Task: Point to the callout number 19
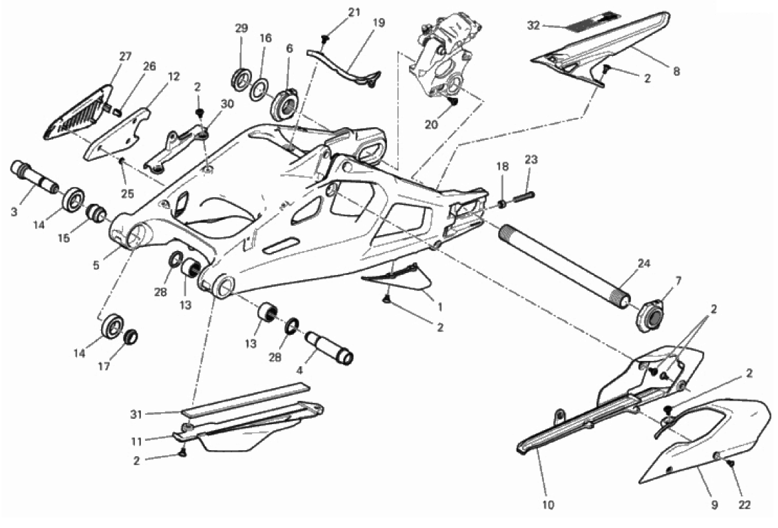pyautogui.click(x=378, y=22)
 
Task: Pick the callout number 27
pyautogui.click(x=125, y=57)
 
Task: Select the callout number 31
pyautogui.click(x=138, y=413)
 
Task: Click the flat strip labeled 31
pyautogui.click(x=246, y=398)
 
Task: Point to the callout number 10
pyautogui.click(x=549, y=504)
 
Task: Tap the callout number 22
pyautogui.click(x=743, y=504)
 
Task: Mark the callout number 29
pyautogui.click(x=241, y=28)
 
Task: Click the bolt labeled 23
pyautogui.click(x=523, y=197)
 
